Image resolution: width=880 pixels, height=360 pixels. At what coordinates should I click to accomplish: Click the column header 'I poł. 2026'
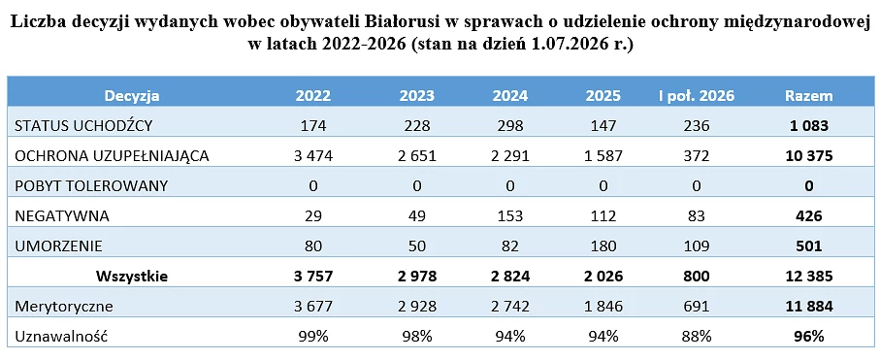pos(696,96)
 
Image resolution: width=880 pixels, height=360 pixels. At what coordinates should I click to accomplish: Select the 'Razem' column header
pos(808,96)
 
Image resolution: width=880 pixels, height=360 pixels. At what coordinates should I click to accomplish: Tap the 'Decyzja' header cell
pos(131,96)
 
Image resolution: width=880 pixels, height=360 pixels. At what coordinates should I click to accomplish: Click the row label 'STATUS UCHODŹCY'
pos(83,126)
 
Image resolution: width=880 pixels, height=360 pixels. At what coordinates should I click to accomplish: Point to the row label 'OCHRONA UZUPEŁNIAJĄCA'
pos(112,156)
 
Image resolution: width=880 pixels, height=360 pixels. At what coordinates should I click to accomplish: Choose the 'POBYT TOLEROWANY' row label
pos(91,186)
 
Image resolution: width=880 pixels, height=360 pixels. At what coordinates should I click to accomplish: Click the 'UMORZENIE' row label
pos(58,246)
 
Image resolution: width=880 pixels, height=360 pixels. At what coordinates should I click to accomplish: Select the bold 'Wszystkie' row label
pos(131,277)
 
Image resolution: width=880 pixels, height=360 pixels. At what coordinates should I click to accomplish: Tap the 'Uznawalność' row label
pos(61,337)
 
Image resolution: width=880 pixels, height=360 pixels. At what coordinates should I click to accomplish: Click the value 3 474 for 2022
pos(313,156)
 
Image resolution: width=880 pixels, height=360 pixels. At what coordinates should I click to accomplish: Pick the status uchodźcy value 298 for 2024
pos(509,126)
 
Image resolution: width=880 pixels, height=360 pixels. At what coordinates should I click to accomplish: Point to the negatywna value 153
pos(509,216)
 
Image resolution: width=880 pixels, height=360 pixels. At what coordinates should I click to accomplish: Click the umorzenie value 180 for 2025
pos(603,246)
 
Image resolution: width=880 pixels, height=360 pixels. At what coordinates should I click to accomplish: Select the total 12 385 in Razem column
pos(808,277)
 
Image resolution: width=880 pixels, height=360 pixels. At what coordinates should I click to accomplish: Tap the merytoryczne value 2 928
pos(416,307)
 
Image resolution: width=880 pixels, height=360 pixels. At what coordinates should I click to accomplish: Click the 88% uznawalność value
pos(696,337)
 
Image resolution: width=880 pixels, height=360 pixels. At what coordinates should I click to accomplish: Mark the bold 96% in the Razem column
pos(808,337)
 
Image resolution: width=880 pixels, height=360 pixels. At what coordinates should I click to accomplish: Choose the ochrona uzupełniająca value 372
pos(696,156)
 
